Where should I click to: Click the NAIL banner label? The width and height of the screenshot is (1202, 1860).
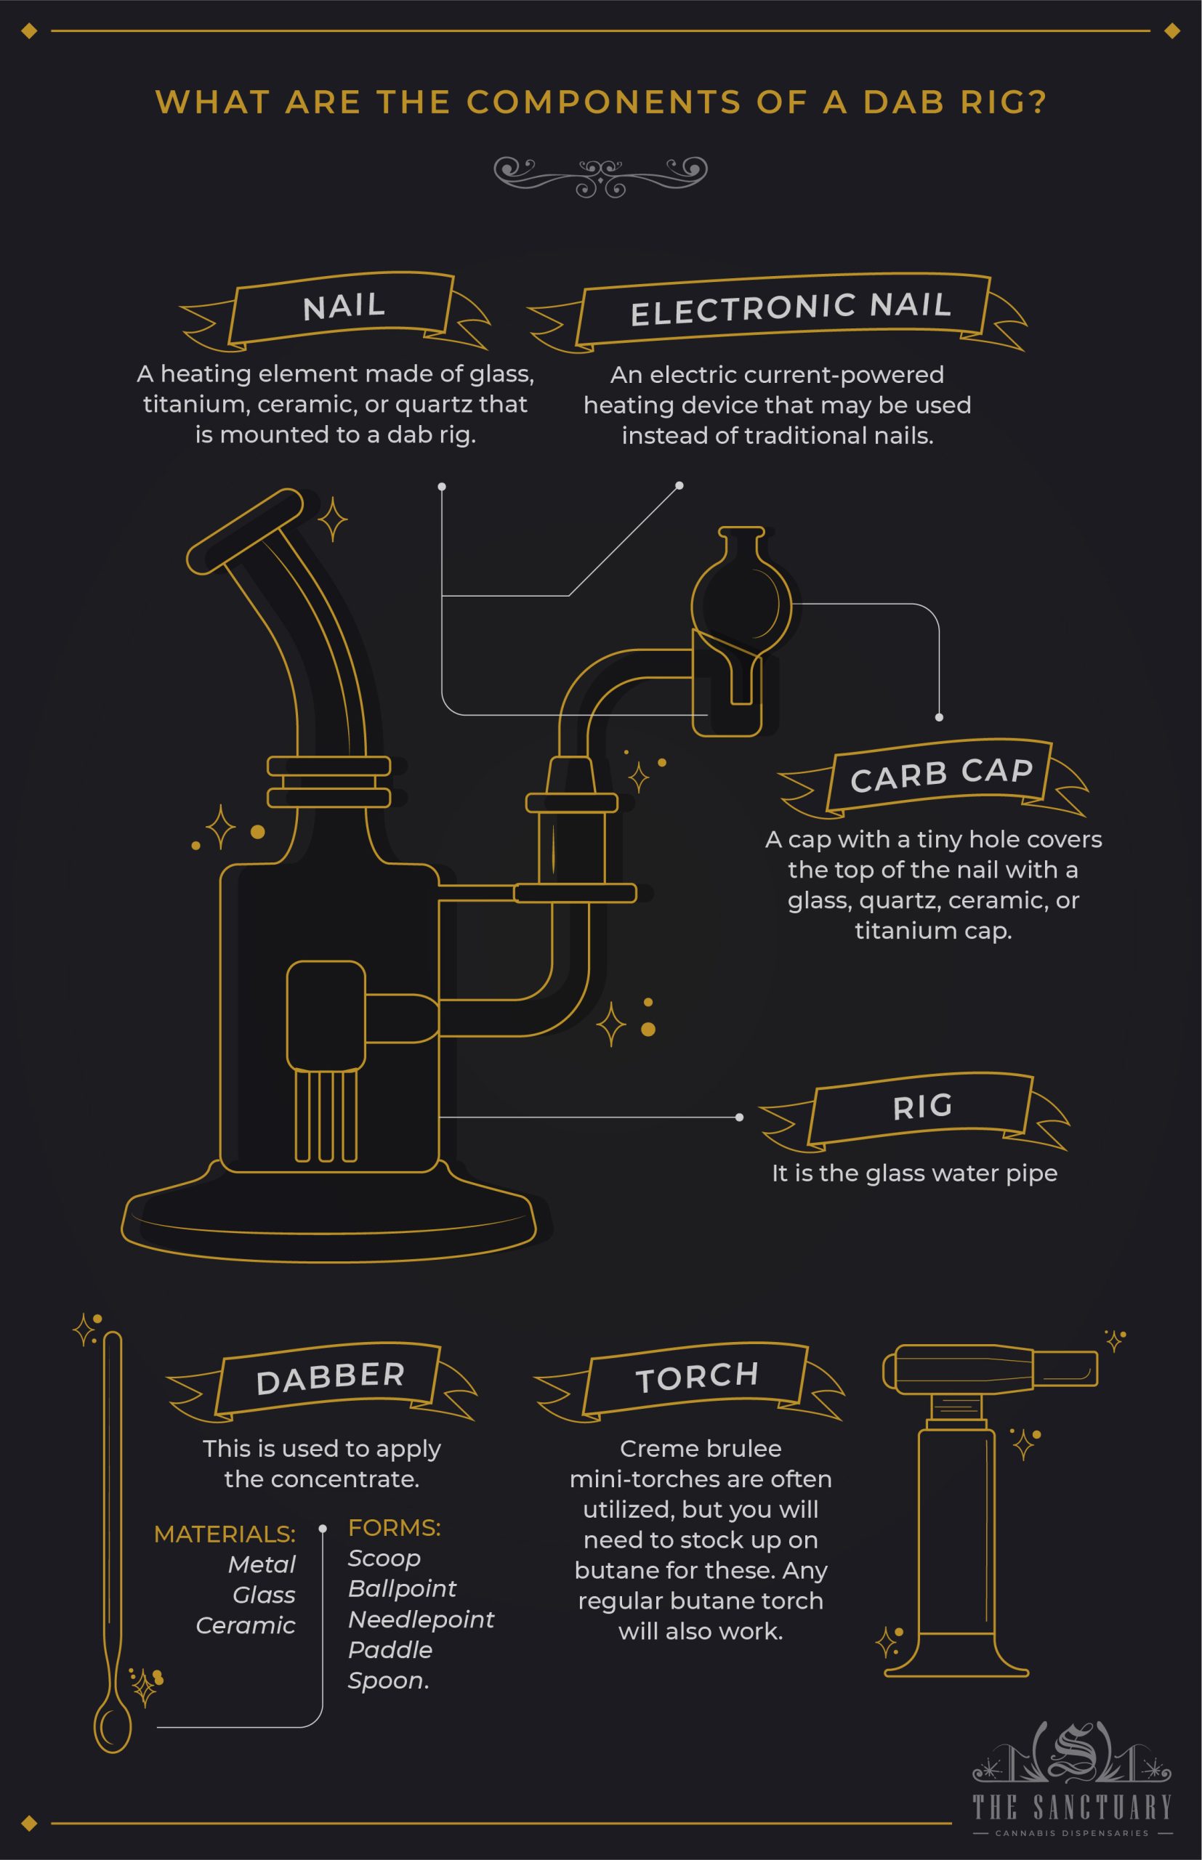[344, 306]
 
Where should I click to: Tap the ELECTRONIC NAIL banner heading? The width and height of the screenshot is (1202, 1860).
[790, 308]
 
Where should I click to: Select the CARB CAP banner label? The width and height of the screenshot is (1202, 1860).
[941, 774]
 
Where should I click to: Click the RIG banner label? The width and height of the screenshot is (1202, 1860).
[922, 1107]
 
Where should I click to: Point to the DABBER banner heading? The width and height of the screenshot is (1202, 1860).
[330, 1378]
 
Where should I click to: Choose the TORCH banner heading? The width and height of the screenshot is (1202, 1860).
[697, 1377]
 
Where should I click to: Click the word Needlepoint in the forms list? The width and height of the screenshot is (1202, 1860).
[421, 1619]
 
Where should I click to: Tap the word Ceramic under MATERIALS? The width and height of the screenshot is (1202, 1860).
[245, 1625]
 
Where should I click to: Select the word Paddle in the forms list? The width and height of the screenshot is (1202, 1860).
[390, 1649]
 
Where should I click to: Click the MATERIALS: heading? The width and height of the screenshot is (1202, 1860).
[225, 1534]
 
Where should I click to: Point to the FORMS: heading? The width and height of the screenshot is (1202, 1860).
[394, 1528]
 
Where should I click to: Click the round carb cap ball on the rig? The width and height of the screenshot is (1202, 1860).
[741, 605]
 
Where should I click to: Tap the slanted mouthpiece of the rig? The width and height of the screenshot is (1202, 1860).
[244, 530]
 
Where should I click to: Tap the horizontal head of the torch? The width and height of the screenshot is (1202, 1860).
[990, 1368]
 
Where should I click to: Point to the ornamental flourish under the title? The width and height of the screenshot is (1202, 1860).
[600, 176]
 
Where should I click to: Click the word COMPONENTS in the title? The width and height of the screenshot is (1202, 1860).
[603, 102]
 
